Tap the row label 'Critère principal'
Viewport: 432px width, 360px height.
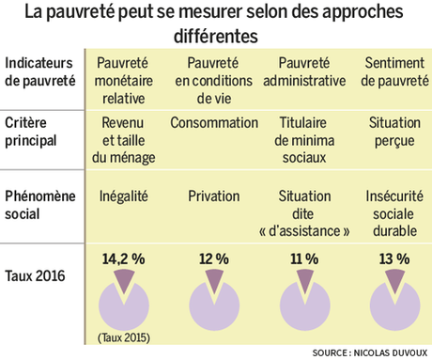tap(36, 131)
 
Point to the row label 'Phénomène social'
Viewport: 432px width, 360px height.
tap(43, 206)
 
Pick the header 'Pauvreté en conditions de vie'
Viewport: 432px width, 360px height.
tap(214, 71)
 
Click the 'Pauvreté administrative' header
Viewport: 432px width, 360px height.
tap(306, 71)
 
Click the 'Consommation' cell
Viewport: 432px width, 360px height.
tap(214, 123)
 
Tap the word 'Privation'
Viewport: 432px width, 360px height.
tap(214, 196)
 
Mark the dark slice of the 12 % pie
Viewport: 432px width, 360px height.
tap(214, 280)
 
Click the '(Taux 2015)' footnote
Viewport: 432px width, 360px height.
tap(126, 336)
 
